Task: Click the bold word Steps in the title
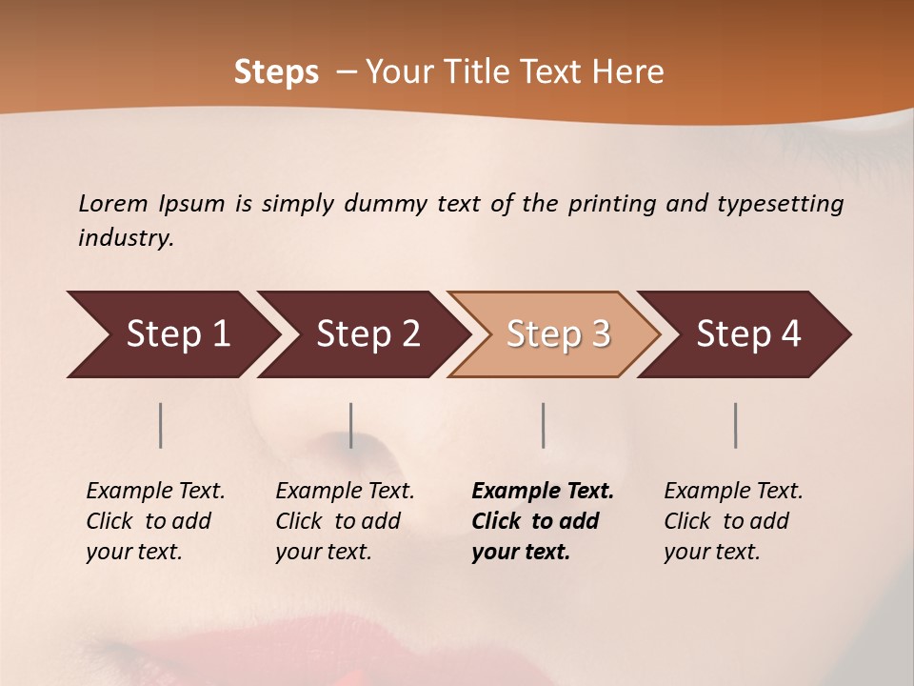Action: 276,72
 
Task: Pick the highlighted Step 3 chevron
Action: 554,334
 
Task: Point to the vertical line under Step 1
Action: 161,425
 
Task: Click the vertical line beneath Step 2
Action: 351,425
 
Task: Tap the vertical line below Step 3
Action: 544,425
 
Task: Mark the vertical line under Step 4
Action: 736,425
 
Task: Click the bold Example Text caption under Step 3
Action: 542,521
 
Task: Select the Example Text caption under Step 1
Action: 155,521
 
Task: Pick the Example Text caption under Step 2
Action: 345,521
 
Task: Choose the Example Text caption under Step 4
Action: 733,521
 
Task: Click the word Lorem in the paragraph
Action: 112,204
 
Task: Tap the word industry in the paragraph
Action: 125,238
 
